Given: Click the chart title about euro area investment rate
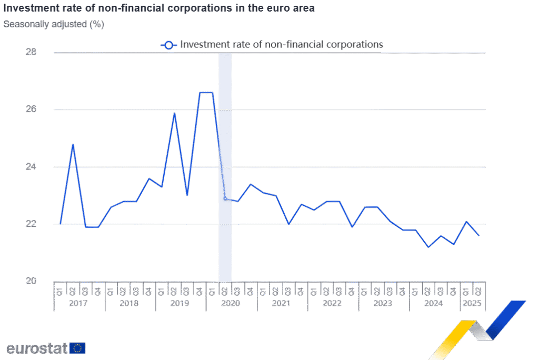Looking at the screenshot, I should pyautogui.click(x=159, y=9).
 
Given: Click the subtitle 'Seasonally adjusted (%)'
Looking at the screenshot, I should pyautogui.click(x=54, y=24).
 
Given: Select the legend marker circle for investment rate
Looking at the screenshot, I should pyautogui.click(x=168, y=45).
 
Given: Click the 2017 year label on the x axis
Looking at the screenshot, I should pyautogui.click(x=79, y=304).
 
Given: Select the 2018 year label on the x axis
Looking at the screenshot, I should pyautogui.click(x=129, y=304).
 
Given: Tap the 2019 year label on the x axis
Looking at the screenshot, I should pyautogui.click(x=181, y=304).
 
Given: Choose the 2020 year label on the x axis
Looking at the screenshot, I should pyautogui.click(x=231, y=304).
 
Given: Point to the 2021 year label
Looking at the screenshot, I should pyautogui.click(x=282, y=304).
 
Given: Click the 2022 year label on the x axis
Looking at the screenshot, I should pyautogui.click(x=332, y=304).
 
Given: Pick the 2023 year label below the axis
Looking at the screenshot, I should pyautogui.click(x=383, y=304).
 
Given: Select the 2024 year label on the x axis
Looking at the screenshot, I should pyautogui.click(x=434, y=304).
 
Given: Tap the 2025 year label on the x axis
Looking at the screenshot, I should pyautogui.click(x=472, y=304).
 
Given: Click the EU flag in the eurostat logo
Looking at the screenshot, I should pyautogui.click(x=77, y=348).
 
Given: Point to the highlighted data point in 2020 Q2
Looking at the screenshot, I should pyautogui.click(x=225, y=198).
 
